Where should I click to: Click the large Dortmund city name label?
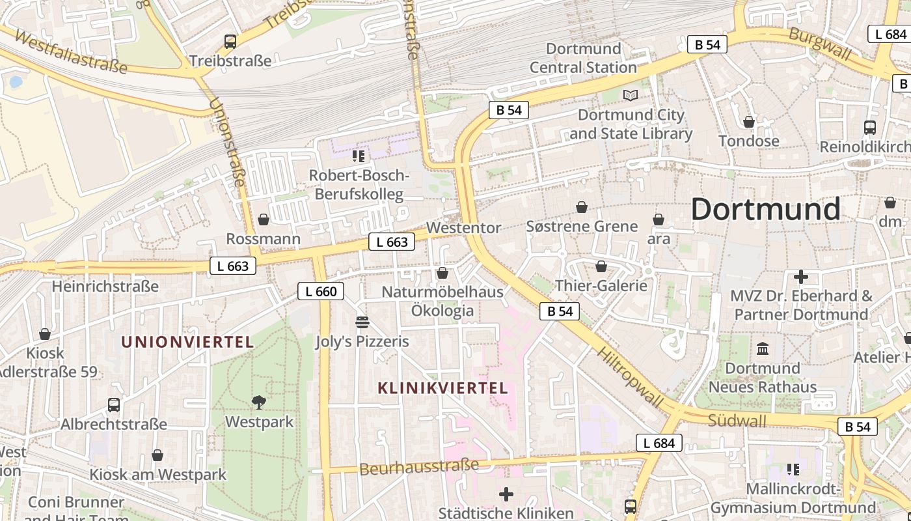pos(765,210)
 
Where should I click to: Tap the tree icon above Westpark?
pos(259,402)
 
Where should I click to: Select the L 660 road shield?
pos(320,291)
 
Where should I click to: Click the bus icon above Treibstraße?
pos(230,42)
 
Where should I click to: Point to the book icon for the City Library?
pos(630,96)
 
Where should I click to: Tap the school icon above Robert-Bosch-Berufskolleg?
pos(358,156)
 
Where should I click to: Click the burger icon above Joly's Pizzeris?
pos(362,322)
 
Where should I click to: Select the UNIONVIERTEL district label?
pos(187,343)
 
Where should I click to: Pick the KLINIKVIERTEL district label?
pos(442,388)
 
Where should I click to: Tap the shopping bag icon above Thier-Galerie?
pos(601,266)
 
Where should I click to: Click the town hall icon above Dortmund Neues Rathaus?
pos(763,349)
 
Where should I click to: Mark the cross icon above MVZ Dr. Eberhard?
pos(800,277)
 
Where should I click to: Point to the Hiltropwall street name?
pos(629,377)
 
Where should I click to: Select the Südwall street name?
pos(737,421)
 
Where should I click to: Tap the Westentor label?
pos(463,228)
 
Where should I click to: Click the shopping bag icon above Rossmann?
pos(264,219)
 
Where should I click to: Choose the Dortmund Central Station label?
pos(583,58)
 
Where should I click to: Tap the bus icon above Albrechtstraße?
pos(114,405)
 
